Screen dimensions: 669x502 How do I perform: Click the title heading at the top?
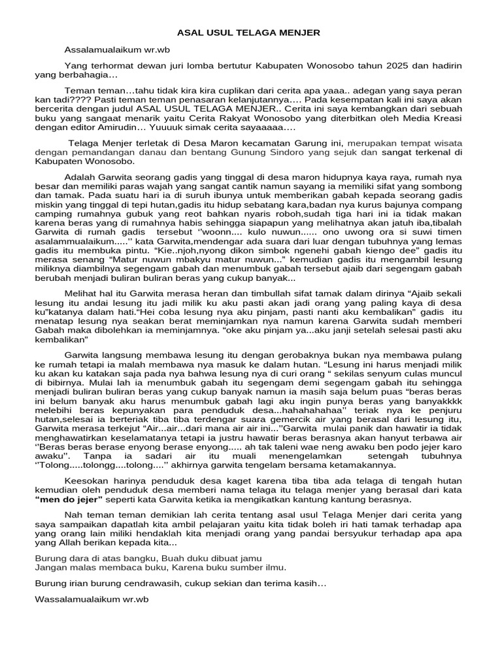click(250, 33)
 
